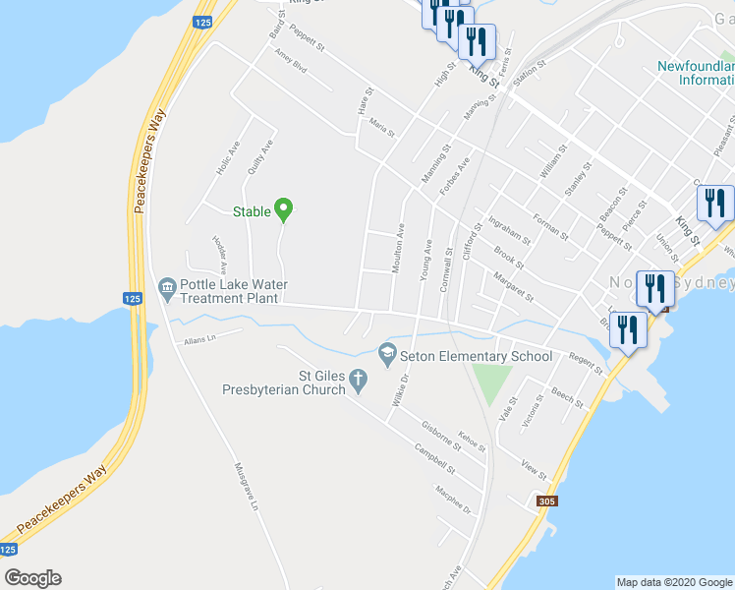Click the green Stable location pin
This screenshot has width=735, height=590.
pos(284,208)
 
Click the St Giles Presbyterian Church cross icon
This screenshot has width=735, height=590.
pos(360,379)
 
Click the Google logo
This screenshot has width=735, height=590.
pos(32,578)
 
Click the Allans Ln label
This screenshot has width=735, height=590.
pos(198,339)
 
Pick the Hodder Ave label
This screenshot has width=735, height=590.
pos(219,255)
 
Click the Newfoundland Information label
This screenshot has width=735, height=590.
pos(695,74)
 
